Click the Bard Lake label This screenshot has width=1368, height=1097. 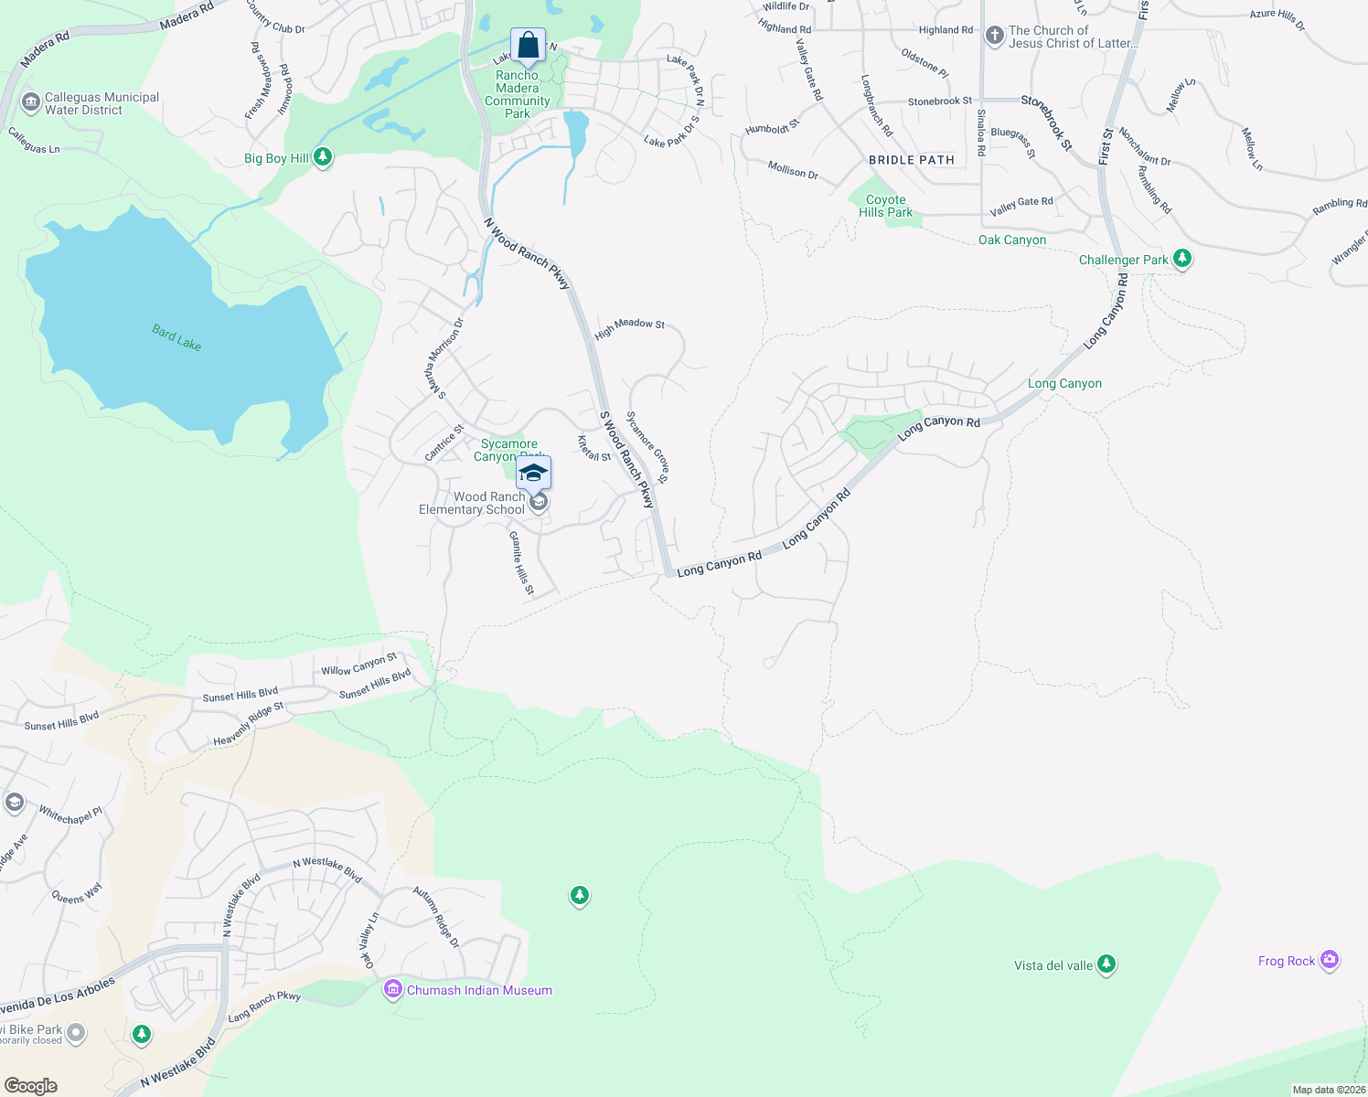(x=176, y=337)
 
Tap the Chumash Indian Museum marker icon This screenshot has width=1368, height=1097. (x=393, y=989)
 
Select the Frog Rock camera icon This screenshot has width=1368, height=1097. (x=1330, y=960)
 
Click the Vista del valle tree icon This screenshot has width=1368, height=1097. (x=1106, y=964)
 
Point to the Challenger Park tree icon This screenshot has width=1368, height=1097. (x=1182, y=259)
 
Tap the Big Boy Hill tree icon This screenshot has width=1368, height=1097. (x=322, y=157)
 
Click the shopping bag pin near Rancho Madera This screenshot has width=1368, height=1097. (x=528, y=45)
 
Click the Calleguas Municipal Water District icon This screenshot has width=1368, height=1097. (x=30, y=101)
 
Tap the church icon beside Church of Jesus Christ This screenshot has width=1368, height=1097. (x=995, y=36)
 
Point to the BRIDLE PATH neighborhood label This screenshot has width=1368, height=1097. (x=911, y=160)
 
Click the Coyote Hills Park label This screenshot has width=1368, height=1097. (x=885, y=206)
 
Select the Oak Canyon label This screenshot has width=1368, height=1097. (x=1011, y=240)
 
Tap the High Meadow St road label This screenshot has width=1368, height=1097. (x=629, y=327)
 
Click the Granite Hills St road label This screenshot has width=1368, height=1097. (x=521, y=563)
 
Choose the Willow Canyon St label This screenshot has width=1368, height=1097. (x=358, y=665)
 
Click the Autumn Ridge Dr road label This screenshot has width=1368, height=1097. (x=436, y=917)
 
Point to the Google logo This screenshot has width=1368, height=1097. (x=31, y=1086)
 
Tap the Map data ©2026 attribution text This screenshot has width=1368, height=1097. (x=1329, y=1090)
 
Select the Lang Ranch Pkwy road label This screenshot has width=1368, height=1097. (x=264, y=1006)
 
